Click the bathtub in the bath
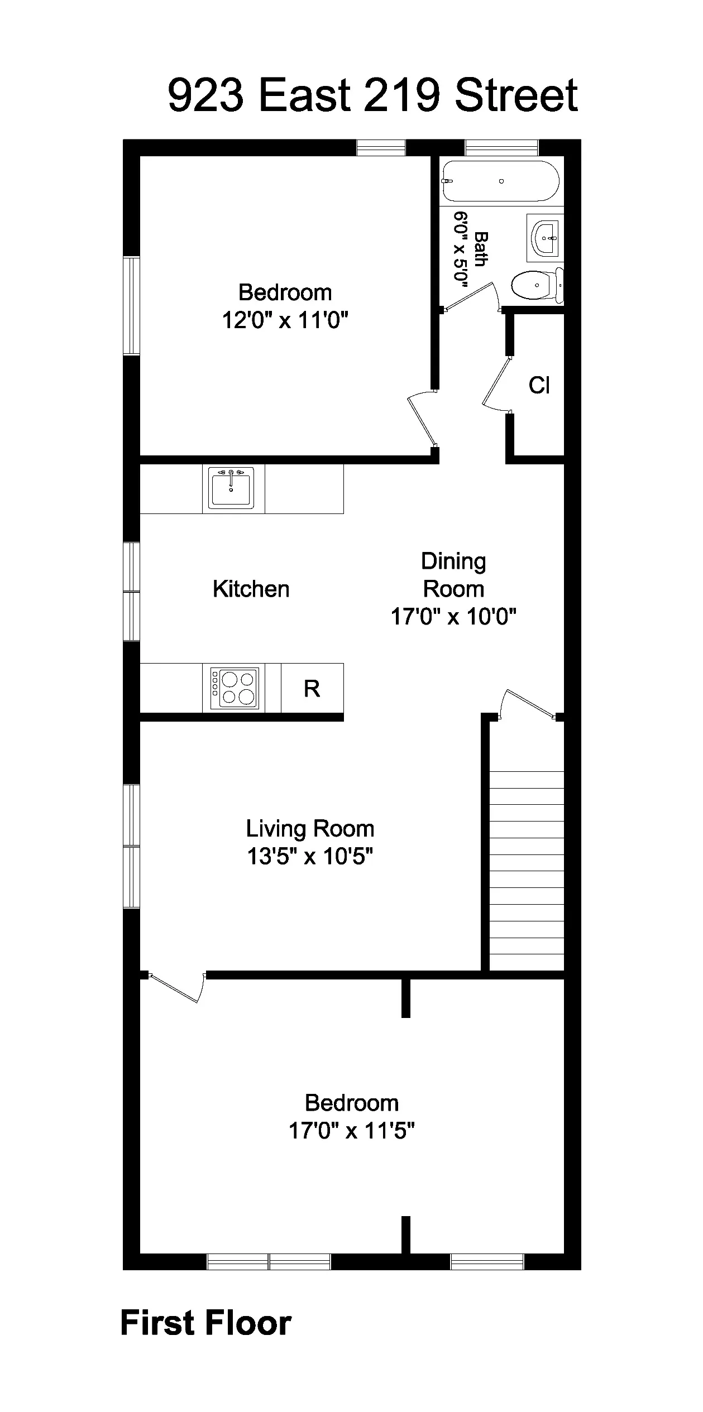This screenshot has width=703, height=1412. [x=500, y=181]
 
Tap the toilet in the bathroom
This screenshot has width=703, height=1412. [x=536, y=285]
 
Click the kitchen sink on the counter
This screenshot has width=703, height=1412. [x=231, y=488]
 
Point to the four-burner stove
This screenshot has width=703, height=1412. [x=235, y=689]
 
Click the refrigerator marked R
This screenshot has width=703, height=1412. [x=312, y=689]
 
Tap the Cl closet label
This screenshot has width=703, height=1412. [x=539, y=385]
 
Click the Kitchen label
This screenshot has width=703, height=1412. [x=251, y=589]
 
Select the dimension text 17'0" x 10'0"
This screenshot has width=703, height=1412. [x=453, y=617]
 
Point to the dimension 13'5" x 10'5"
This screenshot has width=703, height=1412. [x=310, y=856]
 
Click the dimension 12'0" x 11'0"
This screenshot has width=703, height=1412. [x=285, y=321]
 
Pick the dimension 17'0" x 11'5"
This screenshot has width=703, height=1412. [x=352, y=1131]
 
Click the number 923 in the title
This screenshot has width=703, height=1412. [x=206, y=95]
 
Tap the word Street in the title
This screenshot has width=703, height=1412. [x=517, y=95]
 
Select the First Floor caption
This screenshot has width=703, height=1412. [x=206, y=1323]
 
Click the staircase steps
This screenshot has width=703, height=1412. [x=527, y=871]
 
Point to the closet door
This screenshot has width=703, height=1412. [x=496, y=385]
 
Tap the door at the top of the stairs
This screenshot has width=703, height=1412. [x=528, y=704]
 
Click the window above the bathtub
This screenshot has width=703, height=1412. [x=501, y=147]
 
